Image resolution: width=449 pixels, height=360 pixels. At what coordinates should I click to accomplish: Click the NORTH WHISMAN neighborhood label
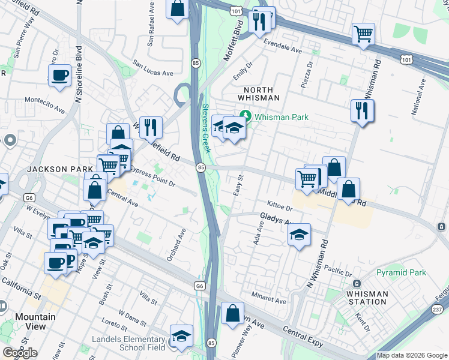pos(259,92)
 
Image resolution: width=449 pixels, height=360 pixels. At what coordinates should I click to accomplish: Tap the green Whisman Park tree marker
pos(245,116)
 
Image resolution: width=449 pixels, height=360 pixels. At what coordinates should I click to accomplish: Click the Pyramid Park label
pos(401,272)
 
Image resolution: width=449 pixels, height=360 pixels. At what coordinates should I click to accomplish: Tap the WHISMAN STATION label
pos(367,298)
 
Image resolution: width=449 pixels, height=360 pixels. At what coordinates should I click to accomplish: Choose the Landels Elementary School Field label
pos(129,343)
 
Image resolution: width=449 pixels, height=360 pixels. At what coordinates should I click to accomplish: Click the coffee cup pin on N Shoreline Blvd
pos(59,76)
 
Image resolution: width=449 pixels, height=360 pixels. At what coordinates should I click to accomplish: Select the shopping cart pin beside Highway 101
pos(363,34)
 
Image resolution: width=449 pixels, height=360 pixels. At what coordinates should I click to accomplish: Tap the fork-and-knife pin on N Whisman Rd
pos(362,110)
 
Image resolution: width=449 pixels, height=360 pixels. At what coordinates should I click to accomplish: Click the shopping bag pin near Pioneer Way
pos(232,313)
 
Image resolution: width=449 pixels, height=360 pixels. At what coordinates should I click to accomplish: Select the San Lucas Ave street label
pos(153,67)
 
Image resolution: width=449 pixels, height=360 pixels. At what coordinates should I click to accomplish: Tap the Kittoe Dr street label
pos(279,207)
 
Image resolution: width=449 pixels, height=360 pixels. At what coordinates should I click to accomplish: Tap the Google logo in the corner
pos(20,353)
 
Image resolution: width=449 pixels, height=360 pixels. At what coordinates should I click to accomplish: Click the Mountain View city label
pos(35,322)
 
